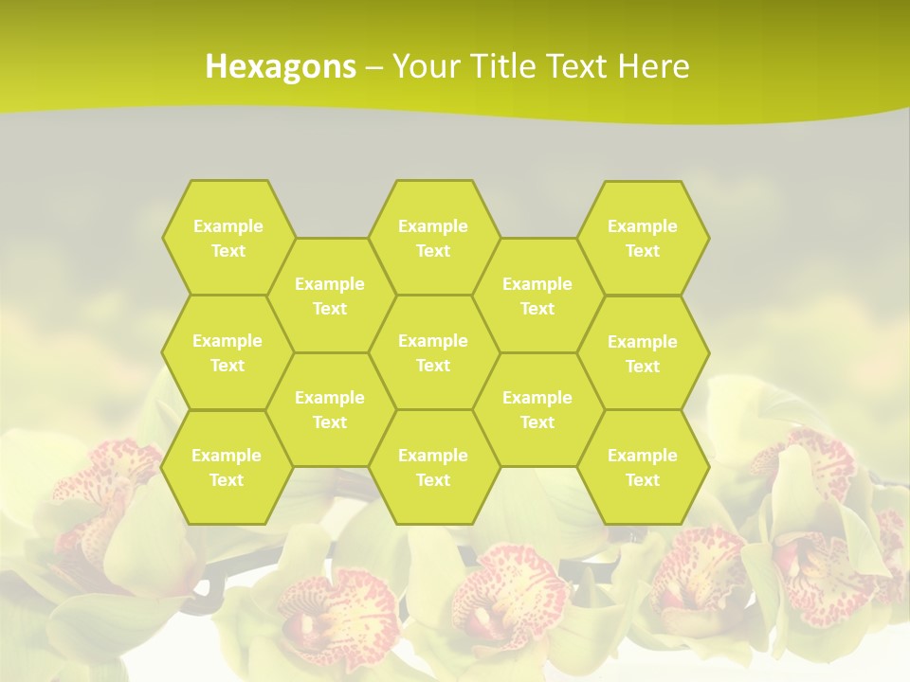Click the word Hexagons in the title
point(281,66)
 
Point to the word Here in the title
point(653,66)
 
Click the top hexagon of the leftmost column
point(227,238)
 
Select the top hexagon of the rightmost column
point(643,238)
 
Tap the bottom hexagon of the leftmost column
point(227,467)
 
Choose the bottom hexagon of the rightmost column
point(643,467)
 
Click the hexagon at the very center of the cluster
point(433,352)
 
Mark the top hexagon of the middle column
point(433,238)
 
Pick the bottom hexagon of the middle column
point(433,467)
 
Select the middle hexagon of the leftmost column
point(227,352)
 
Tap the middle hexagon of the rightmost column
point(643,353)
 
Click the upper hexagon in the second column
point(330,296)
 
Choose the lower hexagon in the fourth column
point(537,409)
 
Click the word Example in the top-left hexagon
point(227,225)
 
